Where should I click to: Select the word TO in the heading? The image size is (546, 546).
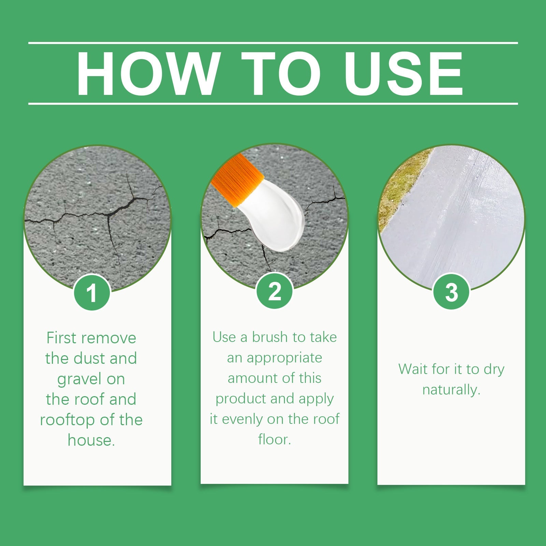[281, 73]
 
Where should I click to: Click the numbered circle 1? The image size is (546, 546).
[91, 293]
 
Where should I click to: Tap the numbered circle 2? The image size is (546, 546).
[275, 291]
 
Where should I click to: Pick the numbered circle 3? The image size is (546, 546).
[451, 292]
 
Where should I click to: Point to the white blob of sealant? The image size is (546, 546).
[276, 218]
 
